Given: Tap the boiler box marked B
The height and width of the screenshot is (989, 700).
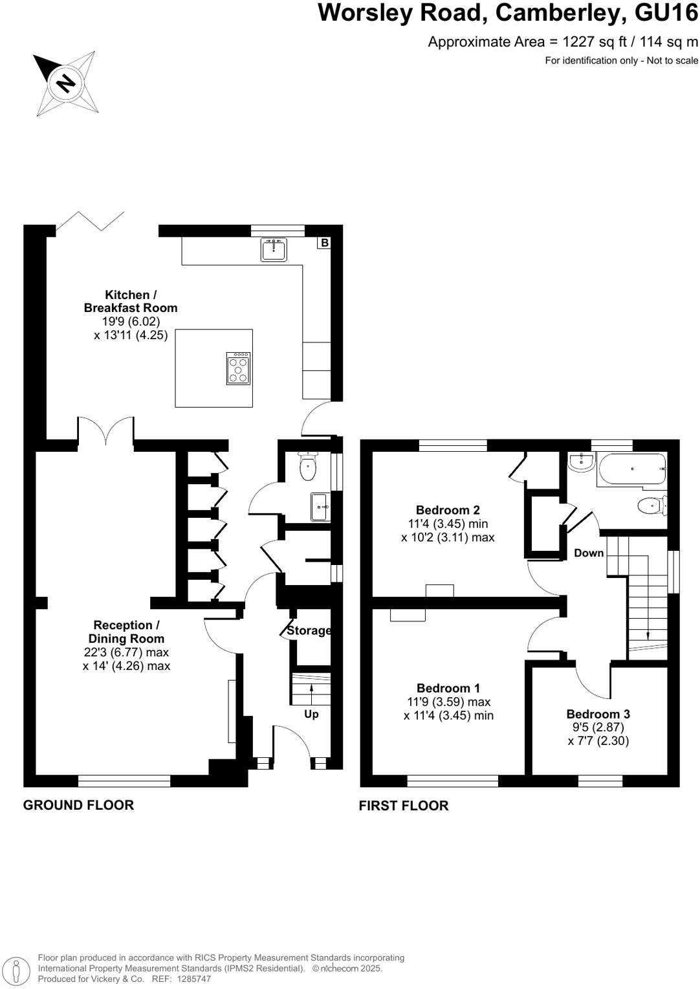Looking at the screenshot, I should tap(325, 243).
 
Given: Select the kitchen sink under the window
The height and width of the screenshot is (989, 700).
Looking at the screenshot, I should tap(274, 249).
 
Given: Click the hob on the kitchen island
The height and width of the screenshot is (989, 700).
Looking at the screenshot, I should tap(239, 368).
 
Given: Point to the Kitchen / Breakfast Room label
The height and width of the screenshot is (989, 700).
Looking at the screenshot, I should tap(131, 302).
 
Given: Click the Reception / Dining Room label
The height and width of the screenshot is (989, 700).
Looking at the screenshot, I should tap(126, 632).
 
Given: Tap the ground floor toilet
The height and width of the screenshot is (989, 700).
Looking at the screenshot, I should tap(308, 467).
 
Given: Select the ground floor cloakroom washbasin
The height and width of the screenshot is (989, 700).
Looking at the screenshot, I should tap(320, 507).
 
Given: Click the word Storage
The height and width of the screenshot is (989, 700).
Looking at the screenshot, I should tap(309, 630).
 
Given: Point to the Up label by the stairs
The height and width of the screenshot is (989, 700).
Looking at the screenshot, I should tap(311, 714).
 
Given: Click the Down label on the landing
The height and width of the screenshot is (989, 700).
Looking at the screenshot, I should tap(589, 553).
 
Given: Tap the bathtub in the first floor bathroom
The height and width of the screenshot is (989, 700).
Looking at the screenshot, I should tap(632, 469).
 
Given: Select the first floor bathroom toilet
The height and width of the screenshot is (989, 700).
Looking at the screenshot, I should tap(651, 506).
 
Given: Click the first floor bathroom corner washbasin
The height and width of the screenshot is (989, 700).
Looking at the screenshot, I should tap(580, 461).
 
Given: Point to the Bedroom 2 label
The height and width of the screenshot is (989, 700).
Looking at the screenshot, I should tap(448, 510).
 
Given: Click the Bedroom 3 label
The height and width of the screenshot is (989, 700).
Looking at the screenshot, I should tap(598, 714).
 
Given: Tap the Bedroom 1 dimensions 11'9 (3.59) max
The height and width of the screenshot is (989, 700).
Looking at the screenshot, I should tap(448, 702).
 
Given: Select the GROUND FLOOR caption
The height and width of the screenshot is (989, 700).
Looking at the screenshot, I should tap(78, 805).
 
